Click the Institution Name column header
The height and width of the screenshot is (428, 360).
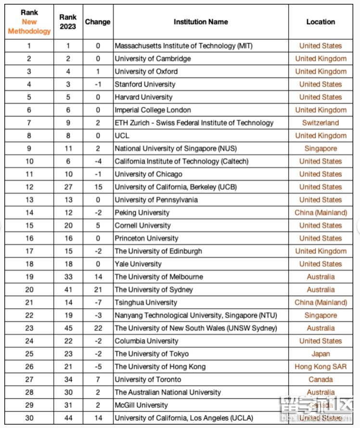(x=201, y=22)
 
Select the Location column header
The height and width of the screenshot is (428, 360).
(x=321, y=22)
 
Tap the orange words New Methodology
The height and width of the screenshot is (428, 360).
(x=29, y=26)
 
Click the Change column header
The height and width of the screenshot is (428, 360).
(x=98, y=22)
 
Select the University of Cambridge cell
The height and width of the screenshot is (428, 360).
(x=153, y=59)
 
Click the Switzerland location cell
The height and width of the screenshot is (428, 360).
(x=321, y=123)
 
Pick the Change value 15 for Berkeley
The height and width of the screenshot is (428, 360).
(x=98, y=187)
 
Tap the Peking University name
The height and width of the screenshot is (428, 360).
(x=142, y=213)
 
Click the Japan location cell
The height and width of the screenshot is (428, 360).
(x=321, y=354)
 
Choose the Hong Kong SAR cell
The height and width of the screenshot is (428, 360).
(x=321, y=366)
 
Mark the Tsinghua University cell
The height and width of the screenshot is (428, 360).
(x=146, y=302)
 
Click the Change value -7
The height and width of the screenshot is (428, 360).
(x=98, y=302)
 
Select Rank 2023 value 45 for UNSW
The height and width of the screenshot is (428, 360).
(x=68, y=328)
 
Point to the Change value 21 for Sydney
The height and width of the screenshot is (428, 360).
(x=98, y=290)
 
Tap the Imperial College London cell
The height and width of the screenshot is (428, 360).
(x=153, y=110)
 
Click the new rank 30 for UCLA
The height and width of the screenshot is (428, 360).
(x=29, y=418)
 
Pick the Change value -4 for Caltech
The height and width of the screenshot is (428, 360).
(x=98, y=161)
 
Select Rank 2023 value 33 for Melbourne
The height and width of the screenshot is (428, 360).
(x=68, y=277)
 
